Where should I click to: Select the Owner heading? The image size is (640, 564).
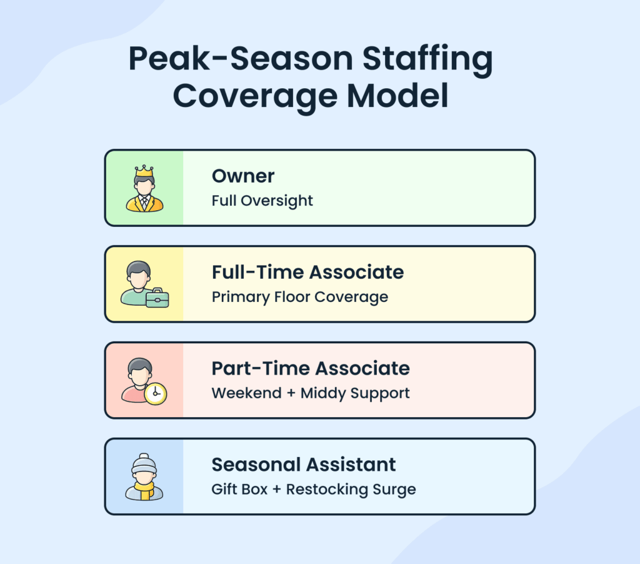(x=243, y=176)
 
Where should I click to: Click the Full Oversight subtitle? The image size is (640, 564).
(x=262, y=201)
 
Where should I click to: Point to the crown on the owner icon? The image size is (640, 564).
(x=144, y=170)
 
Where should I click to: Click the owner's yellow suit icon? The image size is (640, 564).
(x=144, y=202)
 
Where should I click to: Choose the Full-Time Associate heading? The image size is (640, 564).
(x=307, y=272)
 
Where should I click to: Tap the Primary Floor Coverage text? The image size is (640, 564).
(x=299, y=297)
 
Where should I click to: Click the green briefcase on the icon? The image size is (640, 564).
(x=157, y=299)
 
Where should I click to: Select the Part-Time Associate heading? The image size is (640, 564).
(x=311, y=368)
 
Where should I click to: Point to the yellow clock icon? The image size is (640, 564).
(x=155, y=394)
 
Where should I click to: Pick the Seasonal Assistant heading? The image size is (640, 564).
(x=304, y=465)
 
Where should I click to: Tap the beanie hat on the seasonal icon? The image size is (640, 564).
(x=144, y=464)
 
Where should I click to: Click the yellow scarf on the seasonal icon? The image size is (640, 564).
(x=145, y=491)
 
